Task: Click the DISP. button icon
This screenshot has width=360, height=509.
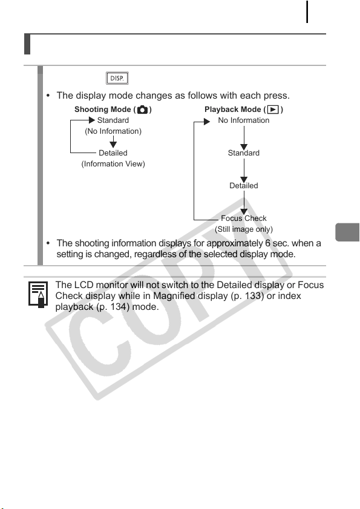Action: click(x=117, y=78)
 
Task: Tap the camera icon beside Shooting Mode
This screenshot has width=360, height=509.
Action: click(x=142, y=110)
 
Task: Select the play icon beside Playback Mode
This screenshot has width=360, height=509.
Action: click(x=273, y=110)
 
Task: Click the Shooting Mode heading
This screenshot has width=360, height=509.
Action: click(x=113, y=110)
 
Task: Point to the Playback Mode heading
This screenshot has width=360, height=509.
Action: click(x=244, y=110)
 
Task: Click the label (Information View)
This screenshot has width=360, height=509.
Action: click(x=113, y=164)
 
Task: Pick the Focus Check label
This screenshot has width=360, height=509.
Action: click(x=244, y=218)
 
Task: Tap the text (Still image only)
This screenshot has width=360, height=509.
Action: click(x=244, y=229)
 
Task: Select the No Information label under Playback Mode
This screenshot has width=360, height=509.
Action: click(x=244, y=120)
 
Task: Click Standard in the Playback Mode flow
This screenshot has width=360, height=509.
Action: click(x=244, y=153)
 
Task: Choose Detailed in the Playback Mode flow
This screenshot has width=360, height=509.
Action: click(x=244, y=186)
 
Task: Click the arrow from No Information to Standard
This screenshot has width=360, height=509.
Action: click(x=244, y=137)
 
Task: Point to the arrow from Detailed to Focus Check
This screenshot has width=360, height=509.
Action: click(x=244, y=203)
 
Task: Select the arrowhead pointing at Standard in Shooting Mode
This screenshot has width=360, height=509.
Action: click(x=92, y=120)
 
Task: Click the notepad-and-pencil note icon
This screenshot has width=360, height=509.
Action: click(x=38, y=294)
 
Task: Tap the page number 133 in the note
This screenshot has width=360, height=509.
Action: click(x=254, y=296)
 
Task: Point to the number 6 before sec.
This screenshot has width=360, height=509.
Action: click(x=268, y=243)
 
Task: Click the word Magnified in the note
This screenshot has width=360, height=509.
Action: click(x=174, y=296)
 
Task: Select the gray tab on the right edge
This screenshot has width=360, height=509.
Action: click(x=347, y=232)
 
